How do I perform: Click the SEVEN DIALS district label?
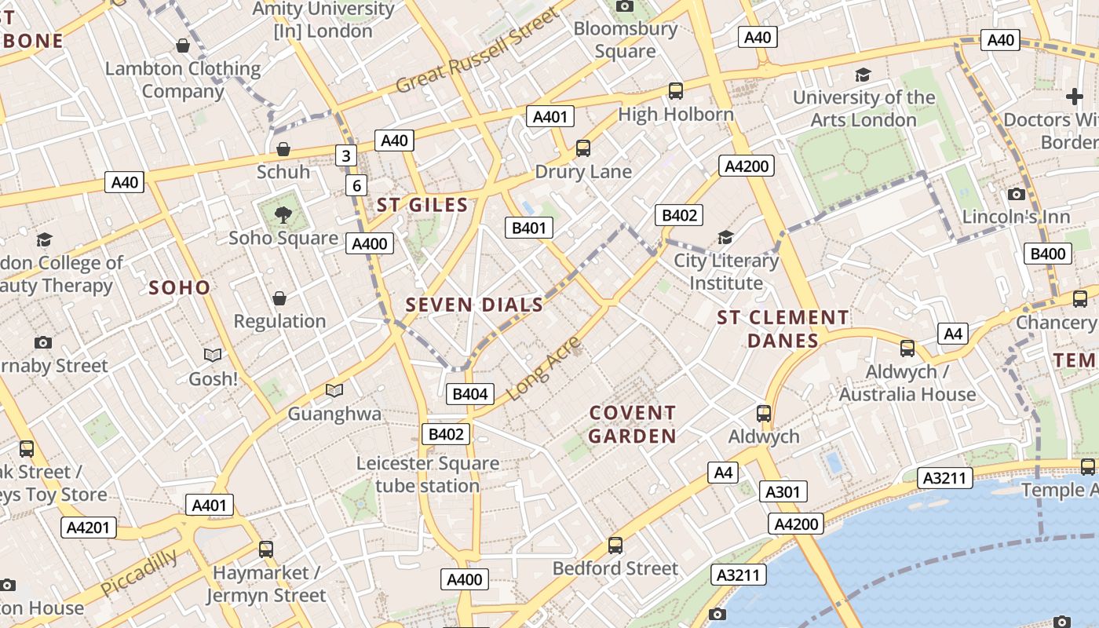coord(474,305)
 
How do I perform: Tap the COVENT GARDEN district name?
coord(632,424)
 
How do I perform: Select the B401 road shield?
coord(528,228)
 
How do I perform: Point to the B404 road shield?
coord(469,394)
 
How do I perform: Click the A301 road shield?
coord(783,492)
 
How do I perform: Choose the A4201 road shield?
coord(88,528)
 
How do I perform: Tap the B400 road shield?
coord(1048,254)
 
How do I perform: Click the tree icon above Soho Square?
coord(283,214)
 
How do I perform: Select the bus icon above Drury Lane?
coord(582,148)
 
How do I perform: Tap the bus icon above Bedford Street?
coord(615,546)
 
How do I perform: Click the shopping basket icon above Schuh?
coord(283,149)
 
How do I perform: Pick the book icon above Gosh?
coord(212,356)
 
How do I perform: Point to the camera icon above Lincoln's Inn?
coord(1017,194)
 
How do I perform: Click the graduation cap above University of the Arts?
coord(863,75)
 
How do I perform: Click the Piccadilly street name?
coord(139,573)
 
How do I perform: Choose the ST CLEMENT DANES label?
coord(783,329)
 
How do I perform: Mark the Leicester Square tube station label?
coord(428,474)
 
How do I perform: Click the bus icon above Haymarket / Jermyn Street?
coord(266,549)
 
